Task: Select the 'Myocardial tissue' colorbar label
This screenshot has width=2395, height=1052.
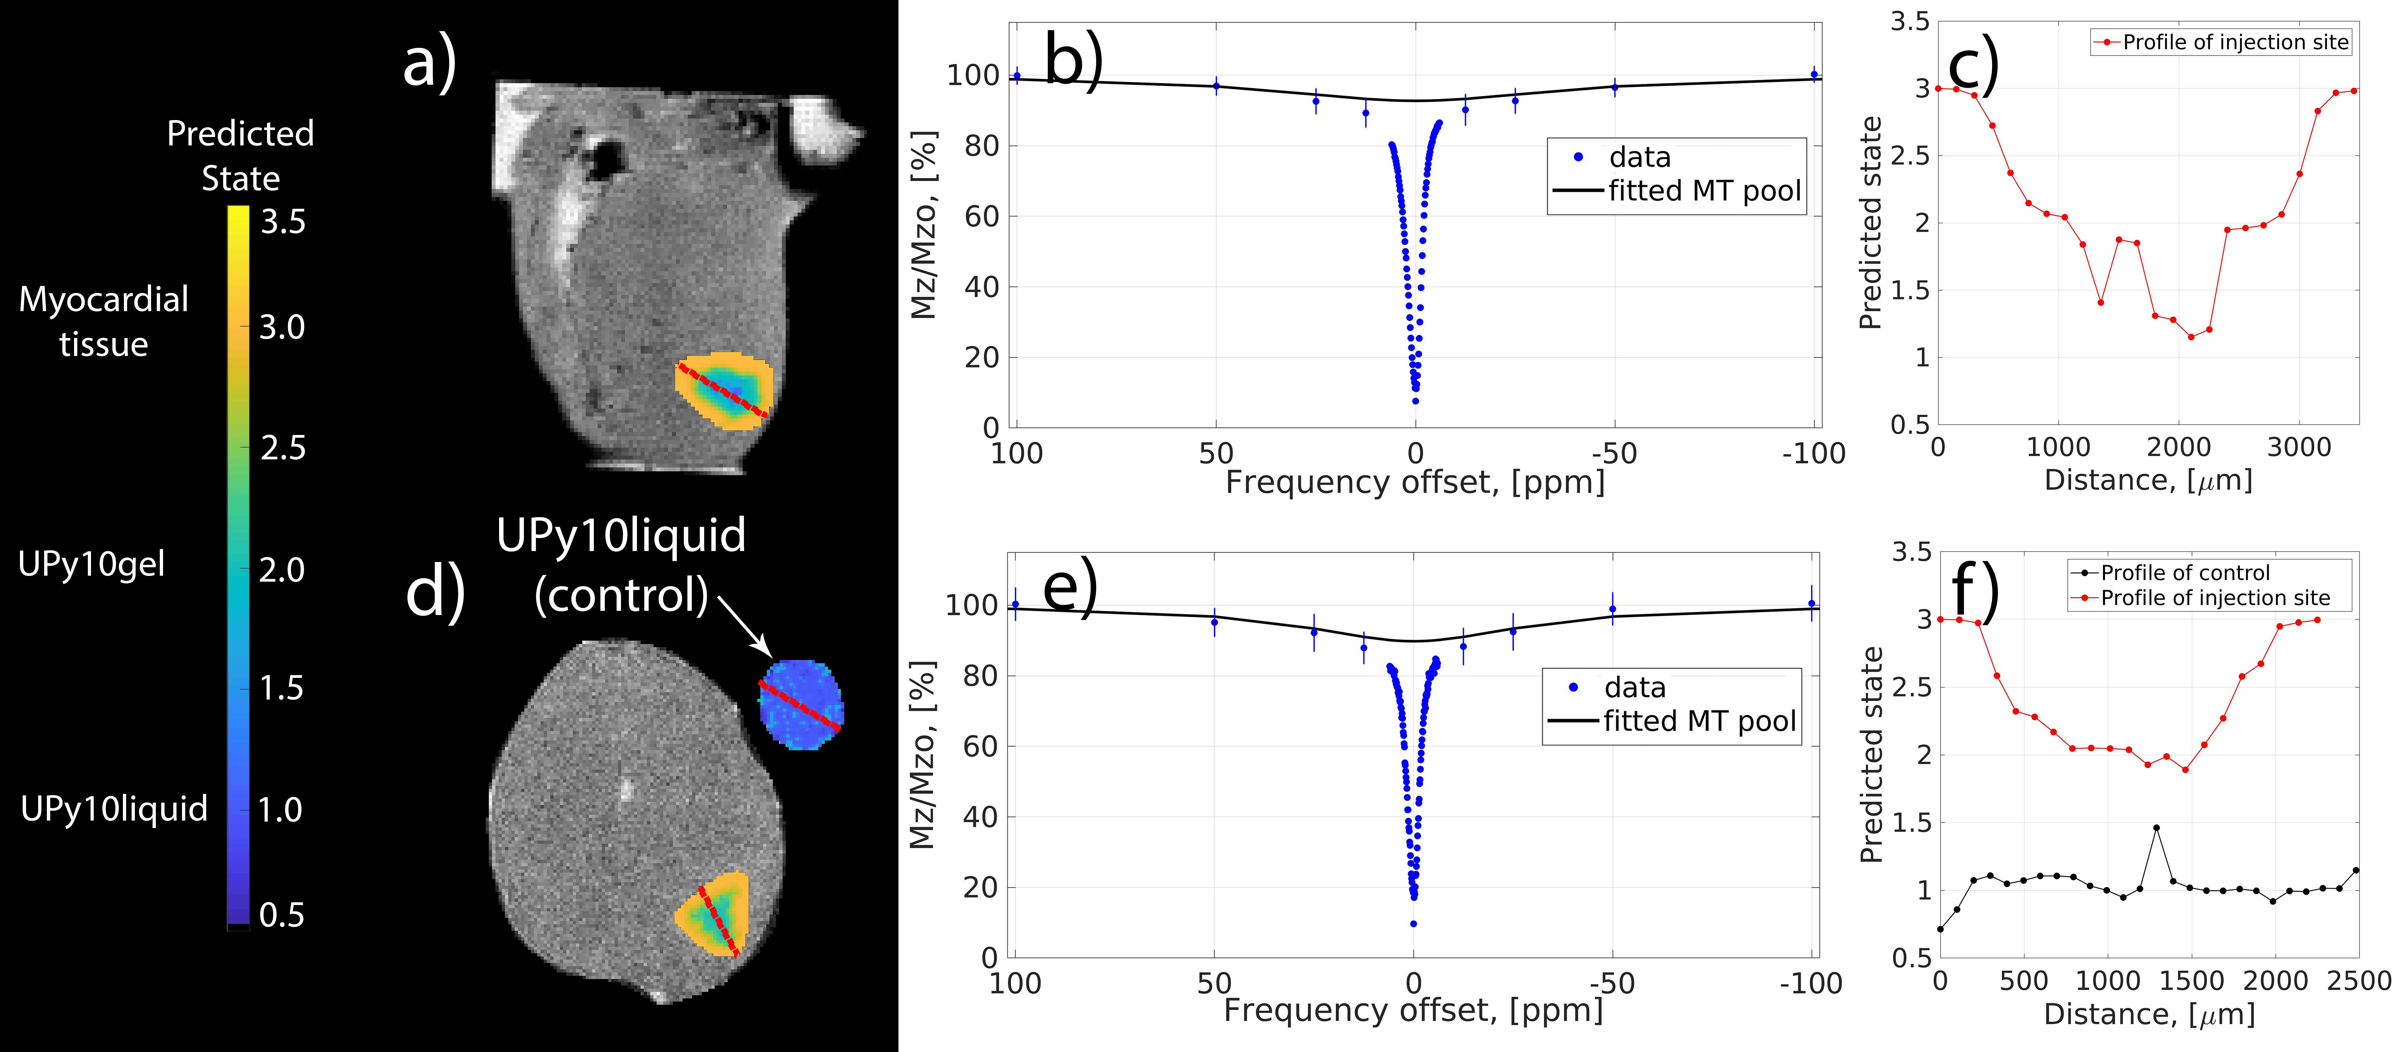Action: click(103, 322)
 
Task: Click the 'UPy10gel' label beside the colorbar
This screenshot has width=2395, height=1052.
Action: click(91, 564)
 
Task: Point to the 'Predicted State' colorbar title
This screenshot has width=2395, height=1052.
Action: click(240, 155)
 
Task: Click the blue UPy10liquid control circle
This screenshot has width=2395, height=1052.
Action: click(800, 704)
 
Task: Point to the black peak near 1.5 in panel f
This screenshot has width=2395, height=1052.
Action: click(2156, 827)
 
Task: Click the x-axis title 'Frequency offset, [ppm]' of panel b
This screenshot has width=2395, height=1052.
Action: click(1415, 482)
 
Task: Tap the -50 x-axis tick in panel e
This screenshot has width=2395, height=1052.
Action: click(1612, 983)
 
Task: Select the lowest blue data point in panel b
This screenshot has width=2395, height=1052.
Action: click(1415, 402)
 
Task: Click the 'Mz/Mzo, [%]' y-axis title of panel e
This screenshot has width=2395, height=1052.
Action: click(921, 755)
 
